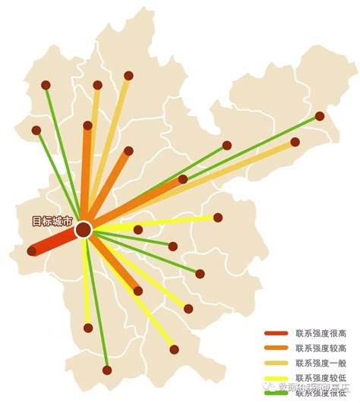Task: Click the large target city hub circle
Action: [84, 228]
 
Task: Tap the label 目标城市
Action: [52, 222]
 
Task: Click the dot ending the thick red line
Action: [32, 250]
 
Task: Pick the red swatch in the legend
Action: [276, 333]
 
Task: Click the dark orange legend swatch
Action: [276, 348]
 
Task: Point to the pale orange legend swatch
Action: [276, 362]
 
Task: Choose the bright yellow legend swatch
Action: [276, 377]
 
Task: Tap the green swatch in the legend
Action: [276, 392]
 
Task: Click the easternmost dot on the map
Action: [320, 116]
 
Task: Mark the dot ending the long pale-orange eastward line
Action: [295, 142]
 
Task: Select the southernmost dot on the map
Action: [107, 370]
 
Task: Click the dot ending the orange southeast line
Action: [137, 291]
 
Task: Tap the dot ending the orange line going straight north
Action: [87, 125]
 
